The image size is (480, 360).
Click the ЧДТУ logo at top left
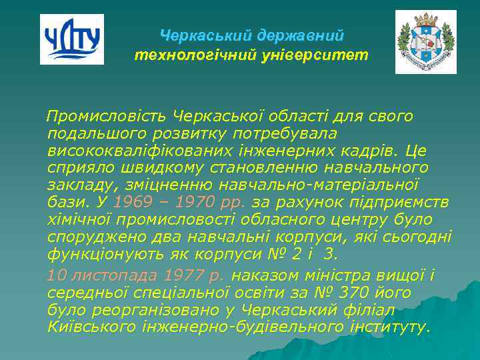click(72, 39)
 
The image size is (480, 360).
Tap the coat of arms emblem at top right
click(425, 42)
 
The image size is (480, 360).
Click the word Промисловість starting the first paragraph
click(107, 117)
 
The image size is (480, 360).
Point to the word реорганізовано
click(151, 310)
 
